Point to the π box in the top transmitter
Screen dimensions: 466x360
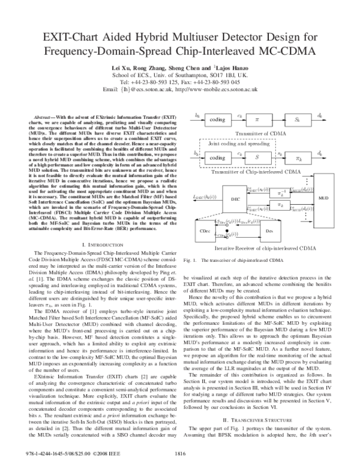[259, 119]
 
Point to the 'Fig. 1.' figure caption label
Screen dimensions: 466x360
[190, 261]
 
